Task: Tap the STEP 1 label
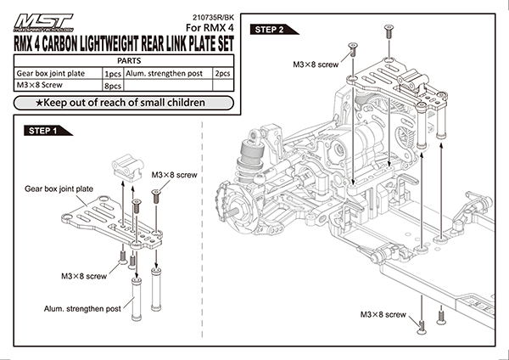click(x=43, y=132)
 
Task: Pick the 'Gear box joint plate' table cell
click(x=53, y=74)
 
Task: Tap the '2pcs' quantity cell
click(x=223, y=74)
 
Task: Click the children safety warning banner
click(x=120, y=103)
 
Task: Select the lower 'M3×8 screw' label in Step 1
click(x=83, y=277)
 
